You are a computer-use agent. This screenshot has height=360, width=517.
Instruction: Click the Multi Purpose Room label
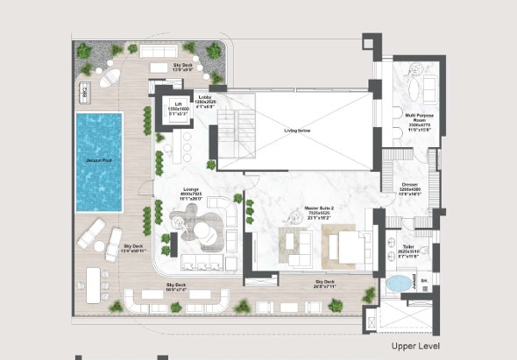[x=416, y=122]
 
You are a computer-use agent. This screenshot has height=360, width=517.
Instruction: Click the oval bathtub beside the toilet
[x=399, y=284]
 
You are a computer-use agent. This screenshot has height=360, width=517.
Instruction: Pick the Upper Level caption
[x=418, y=346]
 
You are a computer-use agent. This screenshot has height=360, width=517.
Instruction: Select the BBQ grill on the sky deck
[x=86, y=89]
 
